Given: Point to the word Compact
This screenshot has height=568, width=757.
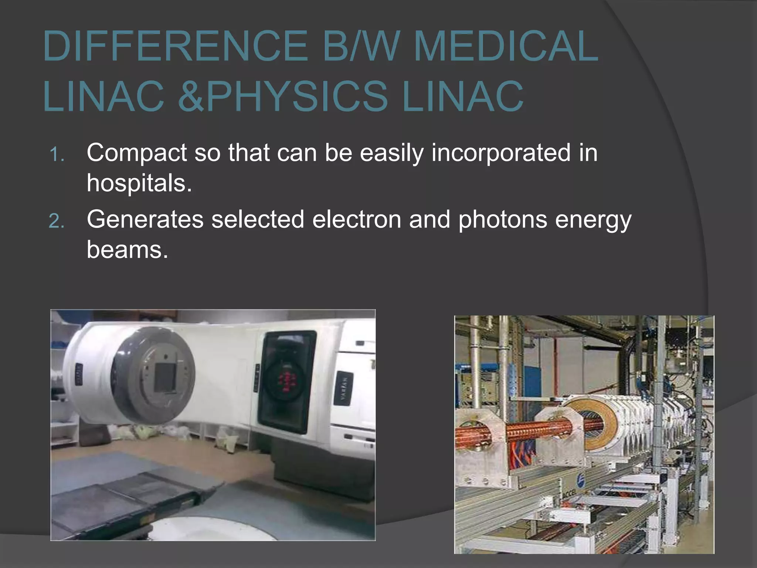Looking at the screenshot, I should [137, 153].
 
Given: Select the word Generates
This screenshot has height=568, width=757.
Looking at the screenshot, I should [145, 219].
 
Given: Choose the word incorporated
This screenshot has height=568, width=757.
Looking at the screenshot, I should [501, 153].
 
